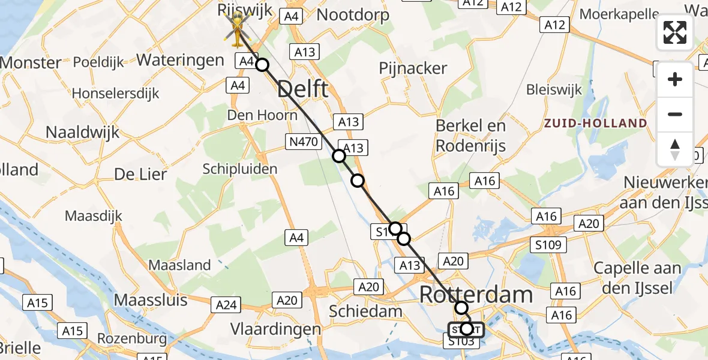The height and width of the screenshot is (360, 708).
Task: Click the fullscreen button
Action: pos(675,32)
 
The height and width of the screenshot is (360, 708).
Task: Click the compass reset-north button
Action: pos(675,149)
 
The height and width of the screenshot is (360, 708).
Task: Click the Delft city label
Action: pos(303,89)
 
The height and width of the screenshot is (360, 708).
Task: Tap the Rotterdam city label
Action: pos(476,295)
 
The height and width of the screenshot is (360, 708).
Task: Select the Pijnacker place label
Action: pos(413,68)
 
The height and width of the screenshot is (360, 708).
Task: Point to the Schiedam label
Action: pos(366,311)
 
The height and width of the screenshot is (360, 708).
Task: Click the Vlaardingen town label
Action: pos(276,329)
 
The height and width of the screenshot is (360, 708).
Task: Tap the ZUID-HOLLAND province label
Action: pos(595,124)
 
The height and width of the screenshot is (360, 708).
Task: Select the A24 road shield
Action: pos(226,305)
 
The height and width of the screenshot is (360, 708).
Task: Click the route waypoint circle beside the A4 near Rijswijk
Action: pos(262,64)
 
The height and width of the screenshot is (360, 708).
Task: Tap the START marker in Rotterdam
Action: pos(466,329)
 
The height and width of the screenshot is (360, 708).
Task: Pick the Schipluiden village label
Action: pos(240,169)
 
